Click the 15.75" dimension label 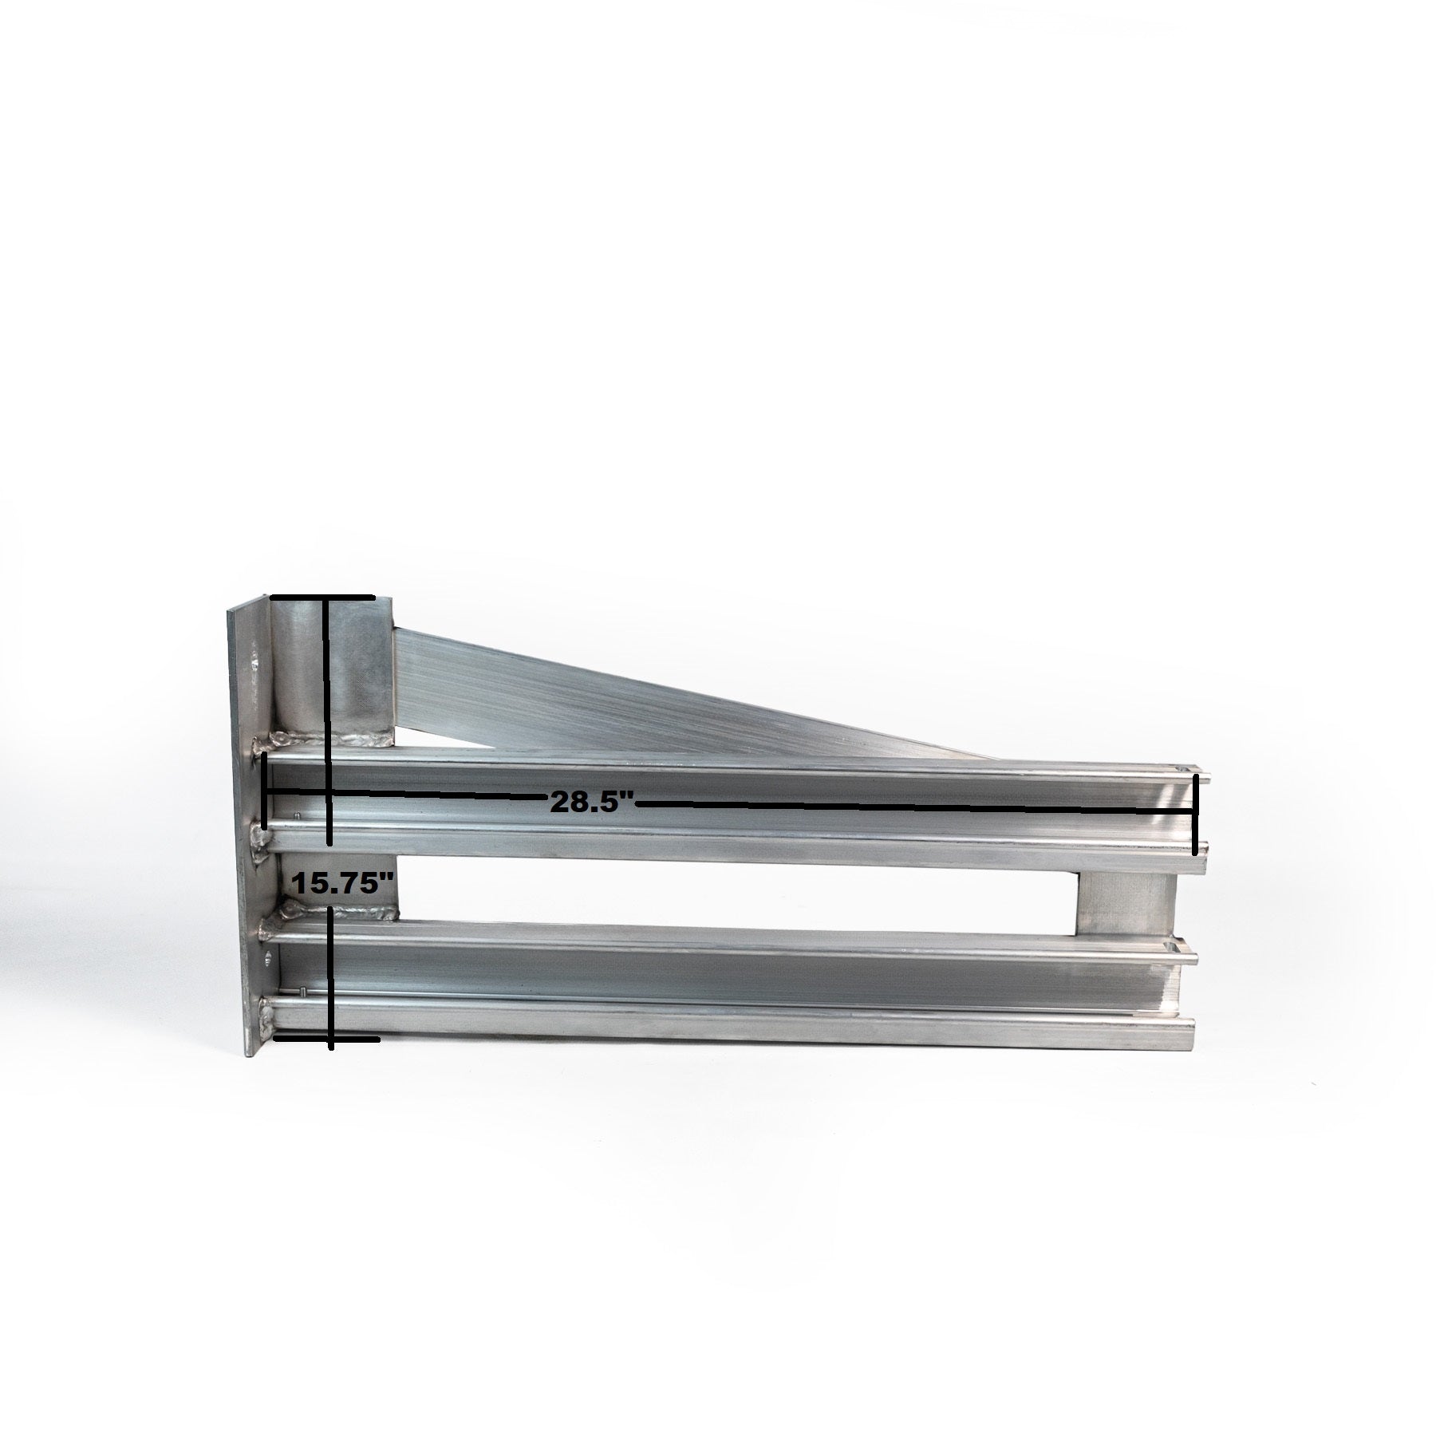click(343, 883)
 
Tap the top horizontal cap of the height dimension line click(322, 597)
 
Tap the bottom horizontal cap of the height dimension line click(327, 1016)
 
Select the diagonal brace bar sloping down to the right click(678, 686)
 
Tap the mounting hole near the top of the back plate click(255, 662)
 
